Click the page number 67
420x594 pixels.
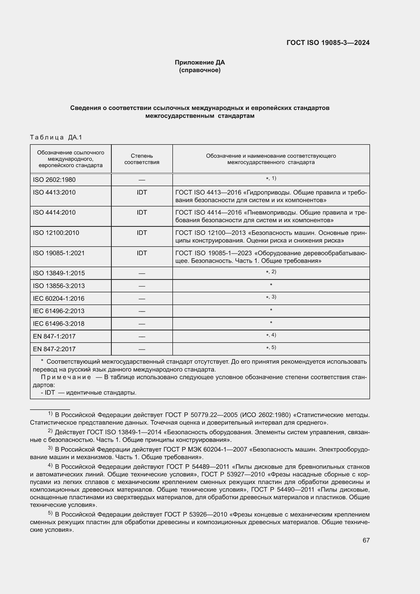click(366, 540)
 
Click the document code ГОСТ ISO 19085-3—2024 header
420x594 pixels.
click(328, 43)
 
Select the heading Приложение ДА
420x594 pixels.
click(200, 62)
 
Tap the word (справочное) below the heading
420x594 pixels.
click(200, 70)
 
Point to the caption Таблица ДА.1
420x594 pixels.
click(56, 137)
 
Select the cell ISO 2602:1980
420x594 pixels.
click(54, 180)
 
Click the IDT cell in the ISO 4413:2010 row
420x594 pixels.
click(142, 192)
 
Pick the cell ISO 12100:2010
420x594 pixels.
click(56, 233)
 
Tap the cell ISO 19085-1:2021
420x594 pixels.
click(59, 253)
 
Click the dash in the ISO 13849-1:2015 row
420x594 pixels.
click(142, 274)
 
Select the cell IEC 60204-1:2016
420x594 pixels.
click(59, 299)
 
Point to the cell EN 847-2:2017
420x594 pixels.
click(54, 349)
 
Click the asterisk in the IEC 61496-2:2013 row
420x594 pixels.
click(271, 310)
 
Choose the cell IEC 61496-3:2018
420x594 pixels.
click(59, 324)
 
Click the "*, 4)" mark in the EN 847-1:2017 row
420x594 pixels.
click(271, 335)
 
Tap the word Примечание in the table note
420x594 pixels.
click(66, 377)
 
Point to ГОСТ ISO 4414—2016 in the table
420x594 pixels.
click(208, 213)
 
